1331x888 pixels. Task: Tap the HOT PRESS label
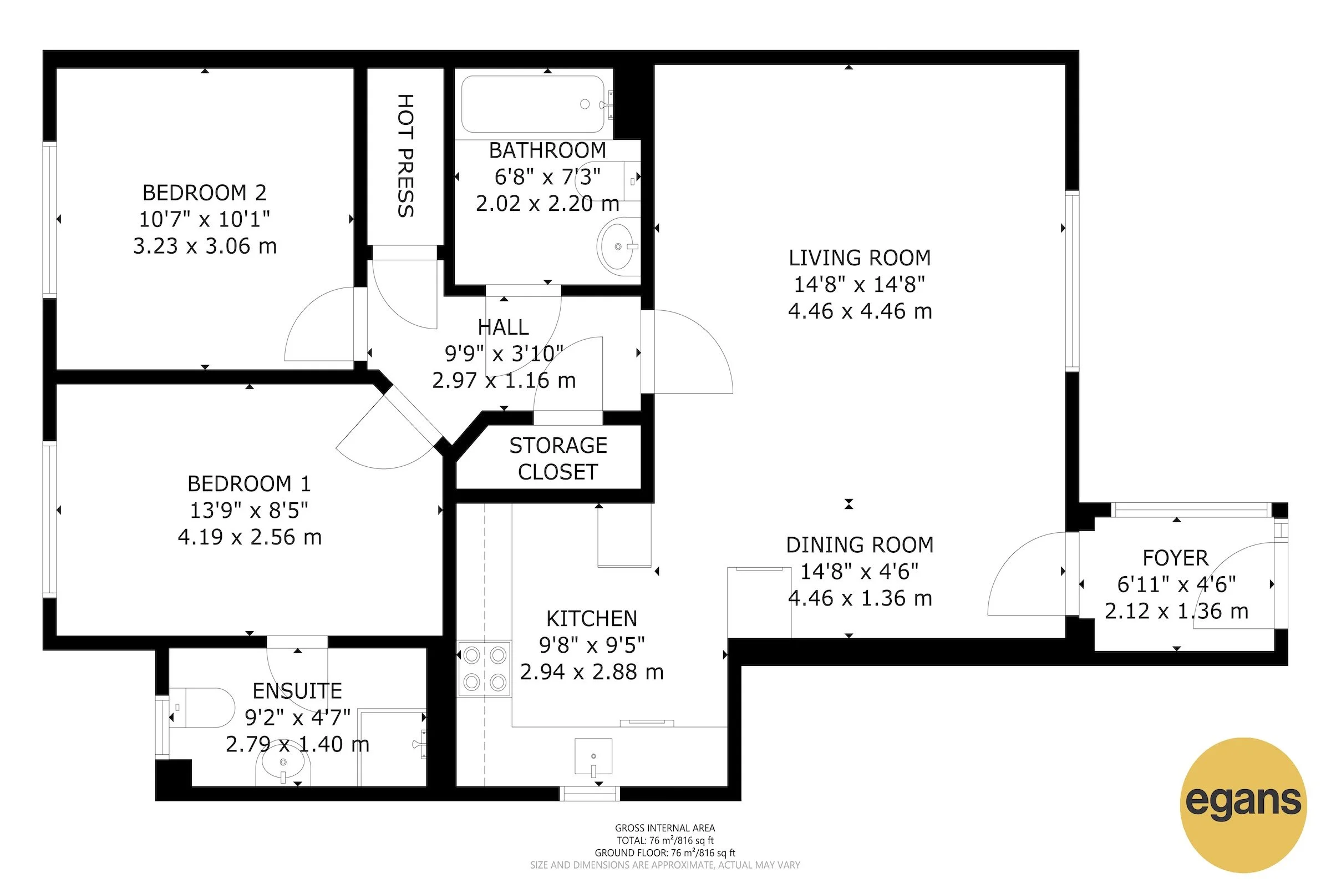coord(405,156)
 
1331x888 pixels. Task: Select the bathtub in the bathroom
coord(532,104)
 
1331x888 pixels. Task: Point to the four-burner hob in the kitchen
coord(484,669)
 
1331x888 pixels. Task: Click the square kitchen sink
coord(593,756)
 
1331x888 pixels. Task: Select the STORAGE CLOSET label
coord(558,459)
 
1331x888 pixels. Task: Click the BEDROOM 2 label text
coord(204,193)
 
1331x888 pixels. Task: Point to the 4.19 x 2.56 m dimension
coord(250,537)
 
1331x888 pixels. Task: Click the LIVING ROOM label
coord(860,258)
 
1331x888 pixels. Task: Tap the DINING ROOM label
coord(860,545)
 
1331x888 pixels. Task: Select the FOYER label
coord(1175,558)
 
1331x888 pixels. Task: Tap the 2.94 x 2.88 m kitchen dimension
coord(591,672)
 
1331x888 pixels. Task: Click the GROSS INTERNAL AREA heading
coord(665,828)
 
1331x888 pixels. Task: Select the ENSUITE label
coord(297,691)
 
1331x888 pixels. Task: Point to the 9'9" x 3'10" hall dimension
coord(504,354)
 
